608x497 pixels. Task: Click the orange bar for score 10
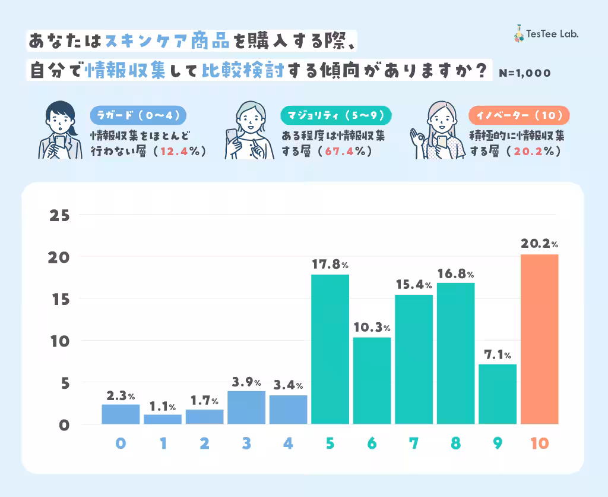point(539,339)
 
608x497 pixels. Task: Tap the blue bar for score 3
point(246,407)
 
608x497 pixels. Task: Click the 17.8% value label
point(330,263)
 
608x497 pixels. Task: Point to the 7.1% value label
point(498,354)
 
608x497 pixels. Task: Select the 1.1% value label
point(163,407)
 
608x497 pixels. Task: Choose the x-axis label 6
point(372,443)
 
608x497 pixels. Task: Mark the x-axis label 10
point(539,443)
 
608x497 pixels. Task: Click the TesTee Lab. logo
point(546,34)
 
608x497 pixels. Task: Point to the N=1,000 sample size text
point(525,73)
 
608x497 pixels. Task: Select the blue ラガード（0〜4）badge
point(138,114)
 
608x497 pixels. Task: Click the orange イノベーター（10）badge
point(519,114)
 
